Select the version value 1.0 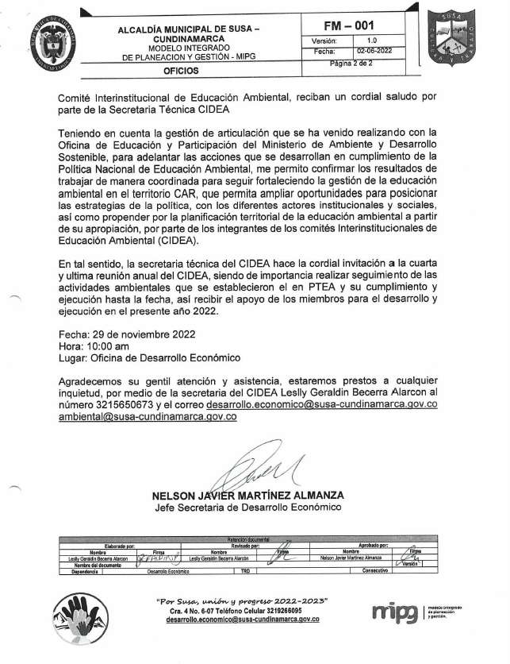click(x=372, y=40)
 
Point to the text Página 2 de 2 click(x=356, y=64)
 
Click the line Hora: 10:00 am click(x=94, y=346)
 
